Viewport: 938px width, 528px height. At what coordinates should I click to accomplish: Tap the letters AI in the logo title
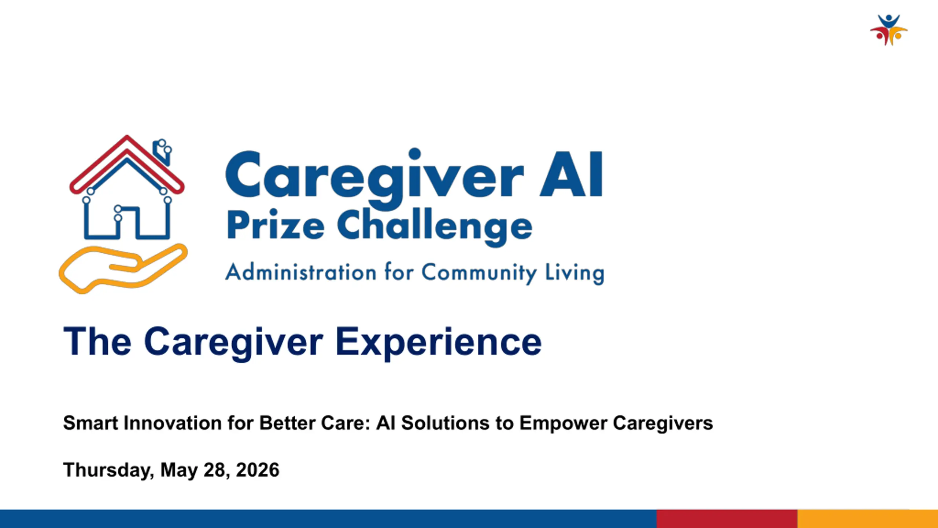point(571,175)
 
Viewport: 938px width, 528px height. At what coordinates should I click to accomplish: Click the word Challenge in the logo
point(435,226)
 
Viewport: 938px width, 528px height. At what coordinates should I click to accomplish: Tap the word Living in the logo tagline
point(575,274)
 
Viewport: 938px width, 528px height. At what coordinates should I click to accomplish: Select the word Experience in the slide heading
point(439,343)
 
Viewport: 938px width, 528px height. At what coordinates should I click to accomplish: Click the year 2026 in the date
point(258,470)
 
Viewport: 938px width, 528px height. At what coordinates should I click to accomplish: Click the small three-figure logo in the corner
point(889,30)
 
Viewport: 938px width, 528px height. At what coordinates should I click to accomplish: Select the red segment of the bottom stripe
point(727,519)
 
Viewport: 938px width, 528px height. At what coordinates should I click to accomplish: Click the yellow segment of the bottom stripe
point(868,519)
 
